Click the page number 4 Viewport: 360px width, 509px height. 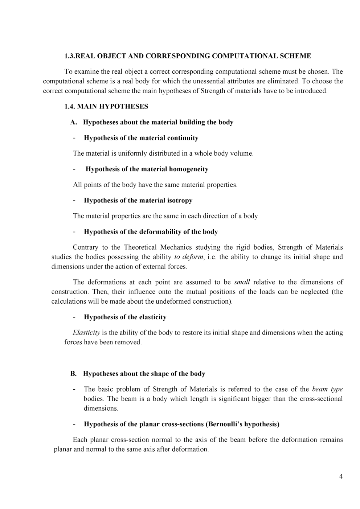point(341,477)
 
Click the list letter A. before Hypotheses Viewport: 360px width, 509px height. point(74,122)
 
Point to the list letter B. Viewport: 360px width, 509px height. point(73,374)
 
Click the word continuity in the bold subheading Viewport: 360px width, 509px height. point(183,138)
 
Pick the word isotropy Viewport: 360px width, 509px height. point(180,200)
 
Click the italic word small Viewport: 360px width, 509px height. point(242,282)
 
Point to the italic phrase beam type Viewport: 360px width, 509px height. point(327,389)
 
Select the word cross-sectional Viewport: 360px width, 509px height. point(321,399)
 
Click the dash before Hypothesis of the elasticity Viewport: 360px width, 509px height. point(74,317)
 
